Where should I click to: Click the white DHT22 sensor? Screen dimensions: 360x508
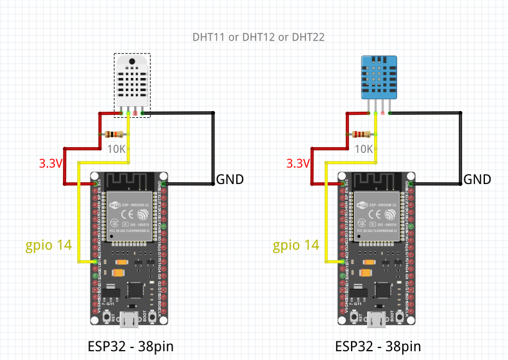(132, 81)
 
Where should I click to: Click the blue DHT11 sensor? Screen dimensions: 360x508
(378, 76)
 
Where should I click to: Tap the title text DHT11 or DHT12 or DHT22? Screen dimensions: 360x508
(258, 37)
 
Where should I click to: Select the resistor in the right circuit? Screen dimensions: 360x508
(362, 134)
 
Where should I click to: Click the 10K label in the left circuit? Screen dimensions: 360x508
(117, 149)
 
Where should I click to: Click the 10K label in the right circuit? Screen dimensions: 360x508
(363, 149)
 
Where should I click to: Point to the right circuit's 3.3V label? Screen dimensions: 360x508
(298, 164)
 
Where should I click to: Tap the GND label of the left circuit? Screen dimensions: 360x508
(229, 180)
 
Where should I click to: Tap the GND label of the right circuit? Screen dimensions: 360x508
(477, 180)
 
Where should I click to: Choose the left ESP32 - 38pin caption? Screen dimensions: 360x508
(131, 346)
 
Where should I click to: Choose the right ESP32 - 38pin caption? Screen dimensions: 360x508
(378, 346)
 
